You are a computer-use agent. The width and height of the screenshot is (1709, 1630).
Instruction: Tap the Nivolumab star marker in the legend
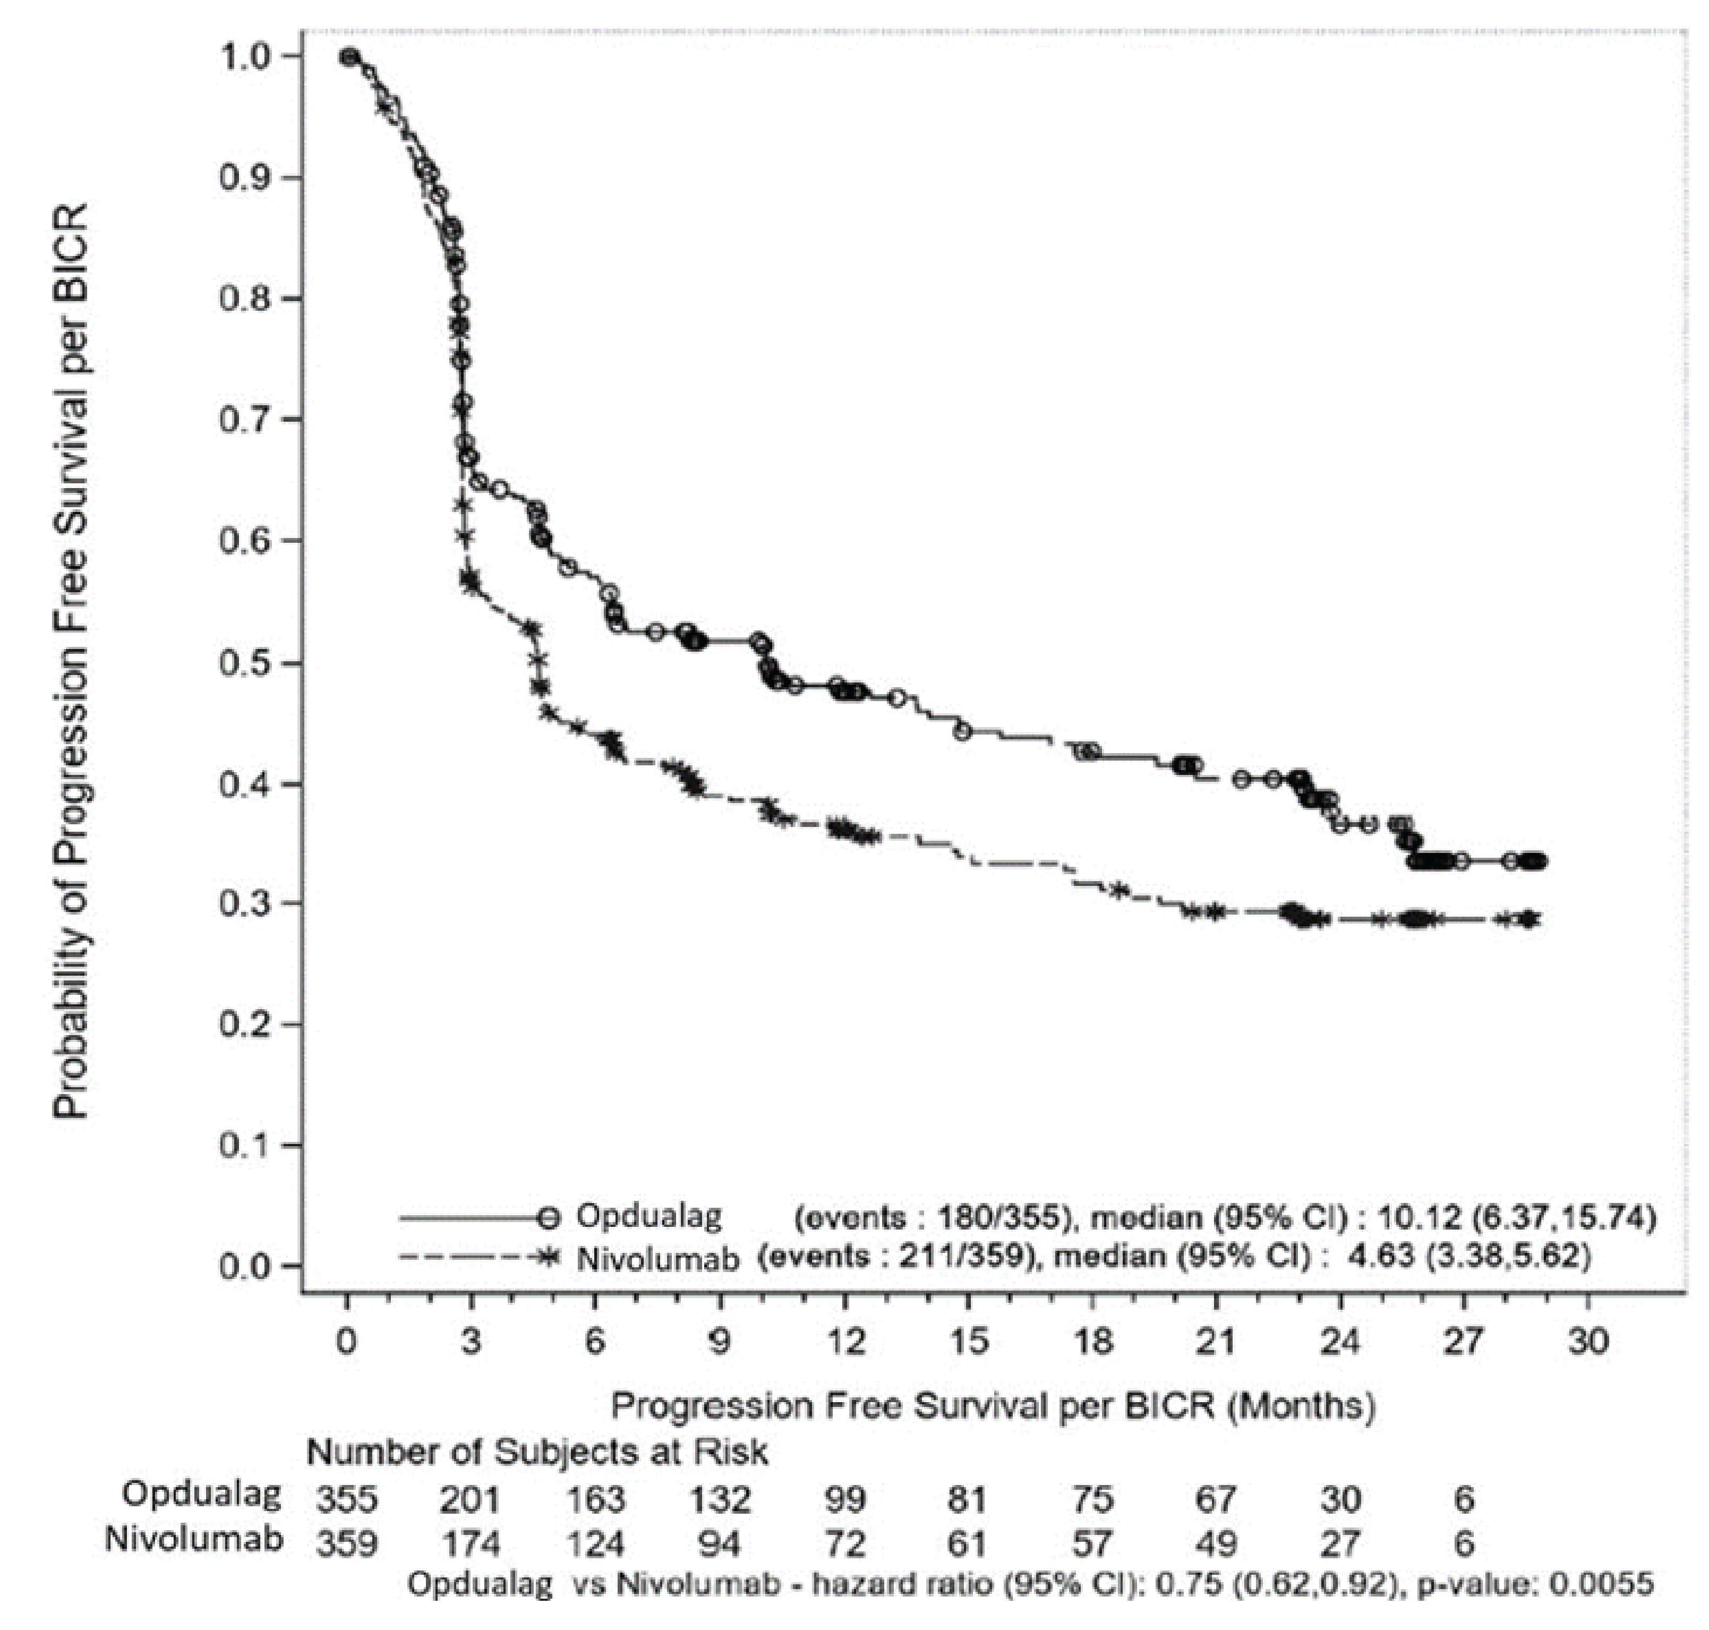[x=548, y=1257]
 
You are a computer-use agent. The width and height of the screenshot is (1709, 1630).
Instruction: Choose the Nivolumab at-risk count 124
[x=595, y=1543]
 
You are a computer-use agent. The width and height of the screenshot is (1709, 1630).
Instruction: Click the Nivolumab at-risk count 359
[x=346, y=1543]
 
